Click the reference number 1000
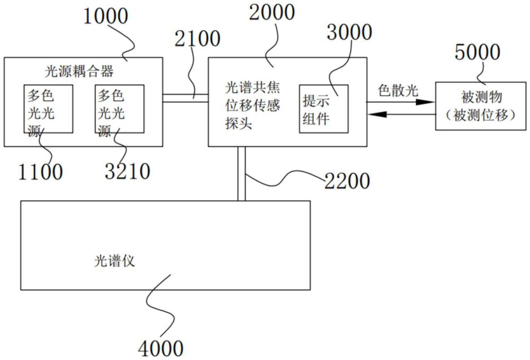(x=104, y=16)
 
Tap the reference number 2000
(x=271, y=12)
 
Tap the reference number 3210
(x=127, y=171)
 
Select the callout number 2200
(x=347, y=181)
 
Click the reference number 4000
(x=161, y=348)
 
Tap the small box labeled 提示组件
(x=323, y=109)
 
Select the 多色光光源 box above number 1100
(x=48, y=109)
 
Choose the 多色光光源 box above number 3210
(x=119, y=109)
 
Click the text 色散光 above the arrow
(x=398, y=90)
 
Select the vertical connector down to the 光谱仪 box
(x=242, y=173)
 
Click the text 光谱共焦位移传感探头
(x=252, y=105)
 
